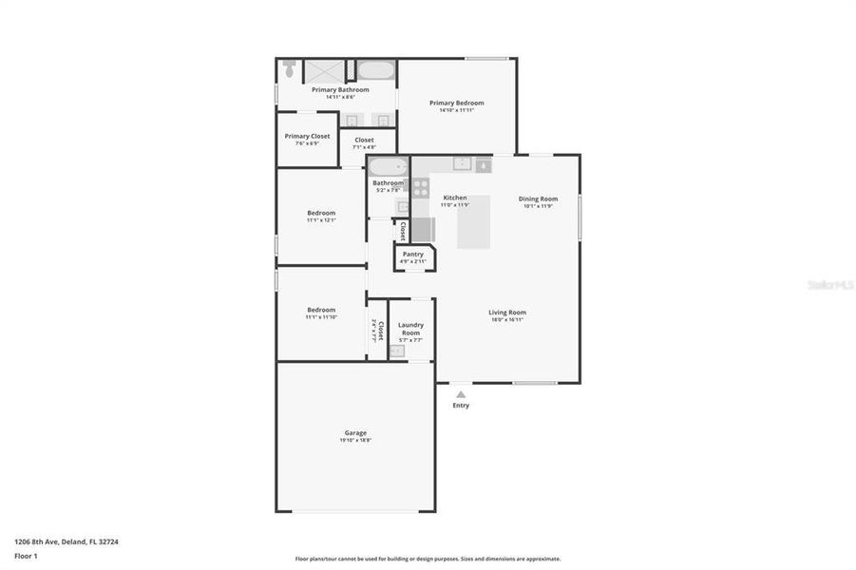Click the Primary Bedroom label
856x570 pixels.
point(456,103)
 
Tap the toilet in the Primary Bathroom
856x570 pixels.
point(289,68)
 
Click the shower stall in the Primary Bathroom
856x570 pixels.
point(323,69)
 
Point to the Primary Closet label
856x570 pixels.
point(307,136)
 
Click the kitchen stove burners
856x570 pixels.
point(421,187)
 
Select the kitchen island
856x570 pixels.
point(473,221)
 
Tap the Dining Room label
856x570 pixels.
point(538,199)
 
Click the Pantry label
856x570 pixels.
point(412,254)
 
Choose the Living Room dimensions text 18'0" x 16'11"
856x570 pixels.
point(507,320)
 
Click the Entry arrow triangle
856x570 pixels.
point(461,393)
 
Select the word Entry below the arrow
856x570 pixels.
point(461,406)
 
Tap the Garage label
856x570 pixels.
point(355,432)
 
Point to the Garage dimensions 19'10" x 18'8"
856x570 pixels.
point(355,441)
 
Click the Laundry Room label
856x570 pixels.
point(410,329)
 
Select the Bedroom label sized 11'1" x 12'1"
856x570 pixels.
point(321,212)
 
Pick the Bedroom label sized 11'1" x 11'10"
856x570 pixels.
point(321,309)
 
